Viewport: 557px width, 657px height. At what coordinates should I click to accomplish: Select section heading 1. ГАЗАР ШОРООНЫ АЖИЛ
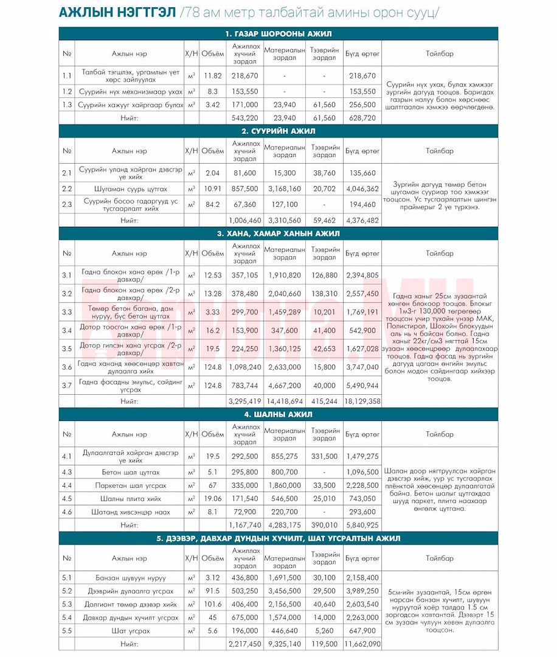(278, 34)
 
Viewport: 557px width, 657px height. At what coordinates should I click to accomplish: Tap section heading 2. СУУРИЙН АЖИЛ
(278, 131)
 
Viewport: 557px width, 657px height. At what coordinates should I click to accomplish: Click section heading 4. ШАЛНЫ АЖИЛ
(278, 414)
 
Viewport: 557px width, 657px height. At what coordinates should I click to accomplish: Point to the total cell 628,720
(362, 118)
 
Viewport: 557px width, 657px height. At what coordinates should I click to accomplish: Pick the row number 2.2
(67, 189)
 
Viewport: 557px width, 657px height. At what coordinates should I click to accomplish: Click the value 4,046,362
(362, 189)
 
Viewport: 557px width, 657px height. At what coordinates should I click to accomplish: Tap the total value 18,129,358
(362, 401)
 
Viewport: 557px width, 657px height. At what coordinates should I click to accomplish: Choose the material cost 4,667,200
(284, 386)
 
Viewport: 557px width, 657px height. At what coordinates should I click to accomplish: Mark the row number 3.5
(67, 349)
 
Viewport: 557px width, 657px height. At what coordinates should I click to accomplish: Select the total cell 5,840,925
(362, 525)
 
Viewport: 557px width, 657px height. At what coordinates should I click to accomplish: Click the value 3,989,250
(362, 591)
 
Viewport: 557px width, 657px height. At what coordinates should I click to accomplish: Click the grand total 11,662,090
(362, 644)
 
